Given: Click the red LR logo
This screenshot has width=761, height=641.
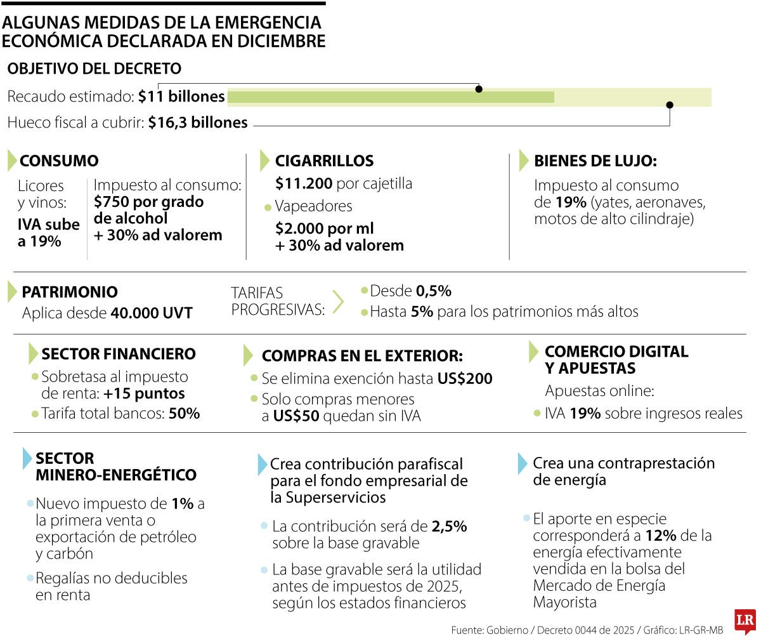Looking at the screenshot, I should tap(745, 623).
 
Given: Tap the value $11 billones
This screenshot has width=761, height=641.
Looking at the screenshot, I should tap(181, 96).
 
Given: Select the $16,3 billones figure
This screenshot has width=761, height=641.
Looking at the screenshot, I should tap(198, 122).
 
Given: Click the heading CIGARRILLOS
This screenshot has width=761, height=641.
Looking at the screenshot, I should tap(324, 161).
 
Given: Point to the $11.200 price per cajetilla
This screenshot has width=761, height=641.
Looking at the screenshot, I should tap(304, 183).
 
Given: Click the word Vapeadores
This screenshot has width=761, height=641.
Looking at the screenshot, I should tap(313, 206).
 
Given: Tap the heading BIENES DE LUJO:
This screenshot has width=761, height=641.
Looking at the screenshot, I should tap(595, 161).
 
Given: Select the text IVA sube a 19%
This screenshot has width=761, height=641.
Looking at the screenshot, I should tap(48, 233).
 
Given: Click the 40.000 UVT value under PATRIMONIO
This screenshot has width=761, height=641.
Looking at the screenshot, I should tap(151, 314).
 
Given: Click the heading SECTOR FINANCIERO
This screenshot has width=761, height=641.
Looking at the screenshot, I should tap(119, 354).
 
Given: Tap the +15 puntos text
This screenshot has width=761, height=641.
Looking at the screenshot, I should tap(145, 393).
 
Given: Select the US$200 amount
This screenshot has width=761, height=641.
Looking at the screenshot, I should tap(465, 379).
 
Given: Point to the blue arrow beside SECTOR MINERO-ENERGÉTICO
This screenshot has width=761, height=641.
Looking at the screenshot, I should tap(27, 458).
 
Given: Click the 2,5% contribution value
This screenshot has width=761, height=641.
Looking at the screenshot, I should tap(449, 527).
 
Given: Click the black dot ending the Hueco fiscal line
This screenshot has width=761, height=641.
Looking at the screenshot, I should tap(670, 105).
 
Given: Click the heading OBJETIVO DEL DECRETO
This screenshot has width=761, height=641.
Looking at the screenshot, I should tap(94, 69).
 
